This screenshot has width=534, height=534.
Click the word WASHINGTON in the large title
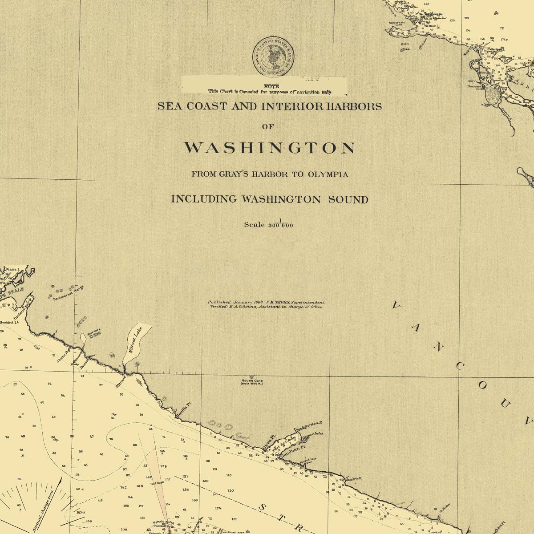pyautogui.click(x=270, y=148)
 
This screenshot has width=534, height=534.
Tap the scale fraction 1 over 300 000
pyautogui.click(x=280, y=224)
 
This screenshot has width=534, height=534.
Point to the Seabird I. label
pyautogui.click(x=8, y=322)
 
